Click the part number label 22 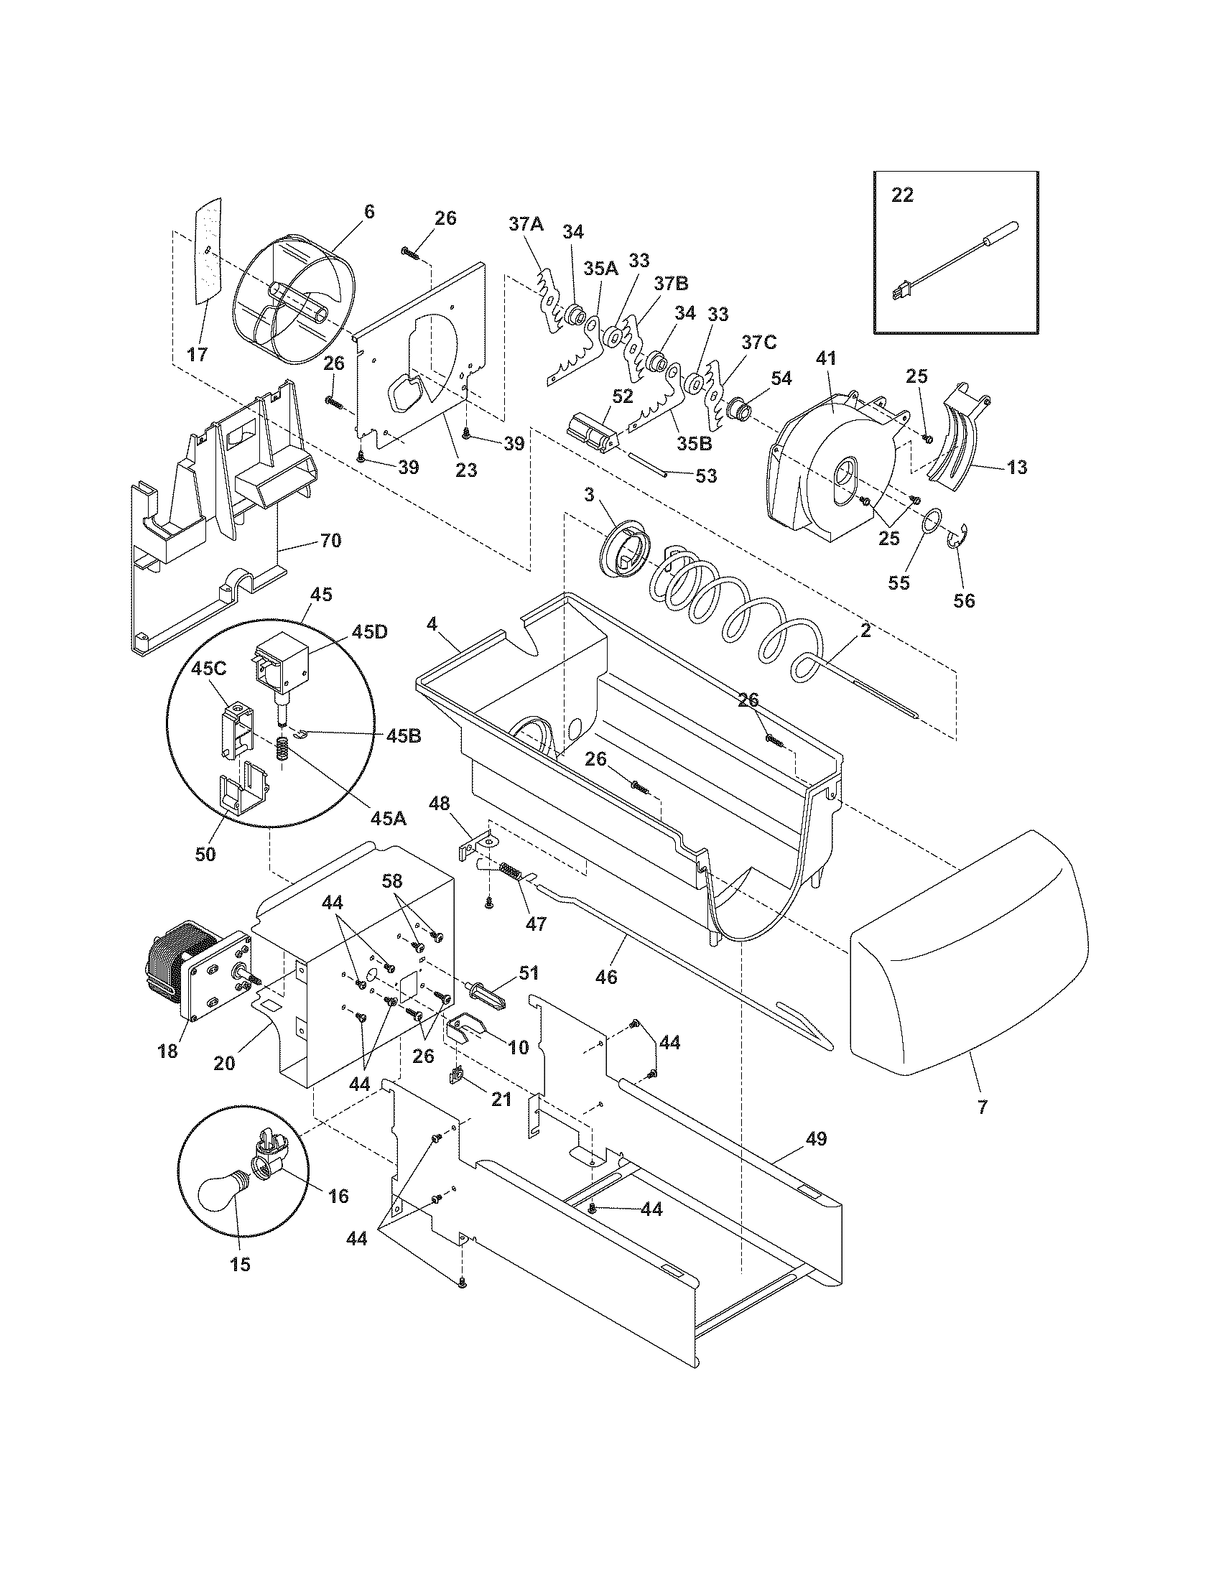(902, 195)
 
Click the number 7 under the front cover (982, 1106)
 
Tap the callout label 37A (525, 224)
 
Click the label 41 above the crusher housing (826, 358)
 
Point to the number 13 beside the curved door (1016, 468)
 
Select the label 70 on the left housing (330, 540)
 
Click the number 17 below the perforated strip (197, 355)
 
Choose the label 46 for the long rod (606, 977)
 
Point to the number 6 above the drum (369, 211)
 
